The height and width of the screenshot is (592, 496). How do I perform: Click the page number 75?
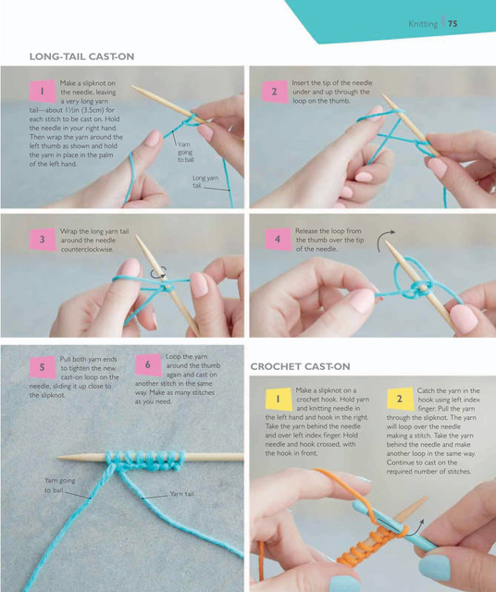(x=453, y=23)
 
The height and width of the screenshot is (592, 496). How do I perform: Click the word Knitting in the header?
(x=423, y=24)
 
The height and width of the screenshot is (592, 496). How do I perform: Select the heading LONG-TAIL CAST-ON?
(x=82, y=56)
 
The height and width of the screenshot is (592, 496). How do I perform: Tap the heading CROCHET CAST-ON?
(x=301, y=366)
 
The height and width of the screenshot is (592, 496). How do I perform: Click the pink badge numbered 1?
(x=43, y=92)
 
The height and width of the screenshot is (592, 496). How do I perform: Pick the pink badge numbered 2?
(x=275, y=92)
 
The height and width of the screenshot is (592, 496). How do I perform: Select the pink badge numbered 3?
(x=43, y=240)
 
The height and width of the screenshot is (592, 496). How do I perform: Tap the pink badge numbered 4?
(x=278, y=240)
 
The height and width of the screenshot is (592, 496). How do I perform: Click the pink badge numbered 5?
(x=43, y=367)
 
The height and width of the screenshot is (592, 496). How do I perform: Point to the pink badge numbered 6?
(x=148, y=364)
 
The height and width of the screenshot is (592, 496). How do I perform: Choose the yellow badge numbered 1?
(x=279, y=399)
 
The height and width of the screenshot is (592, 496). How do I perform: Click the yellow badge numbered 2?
(x=400, y=399)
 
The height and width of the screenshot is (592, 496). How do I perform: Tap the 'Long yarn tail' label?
(x=205, y=181)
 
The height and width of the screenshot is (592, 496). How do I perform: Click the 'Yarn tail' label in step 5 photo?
(x=181, y=494)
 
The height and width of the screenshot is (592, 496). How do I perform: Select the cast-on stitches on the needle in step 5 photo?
(x=145, y=461)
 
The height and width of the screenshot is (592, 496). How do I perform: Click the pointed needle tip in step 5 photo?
(x=59, y=457)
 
